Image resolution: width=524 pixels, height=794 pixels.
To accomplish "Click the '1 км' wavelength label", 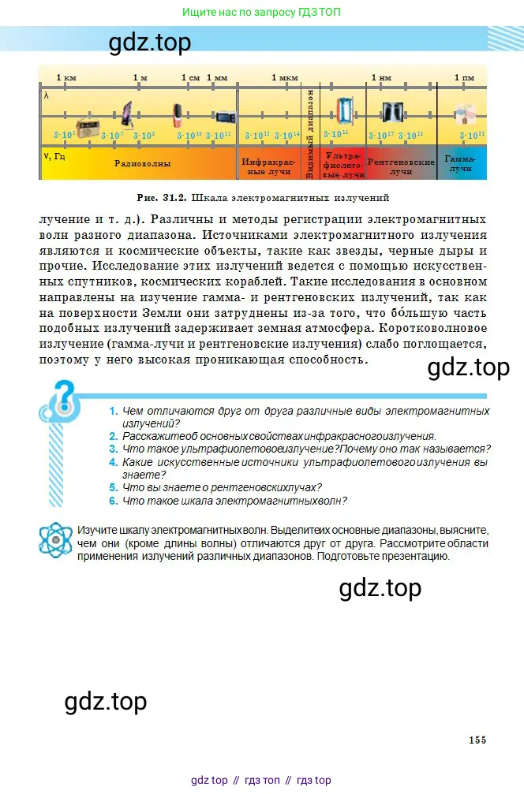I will (x=66, y=77).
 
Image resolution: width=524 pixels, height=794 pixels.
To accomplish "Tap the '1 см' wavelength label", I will (x=189, y=77).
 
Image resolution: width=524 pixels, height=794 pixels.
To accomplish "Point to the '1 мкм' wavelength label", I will (x=284, y=77).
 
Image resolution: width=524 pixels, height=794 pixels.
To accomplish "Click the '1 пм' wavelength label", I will (x=464, y=77).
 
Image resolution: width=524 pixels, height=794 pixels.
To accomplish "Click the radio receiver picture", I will (x=86, y=124).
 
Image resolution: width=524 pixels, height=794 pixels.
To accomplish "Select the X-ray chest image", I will (x=392, y=112).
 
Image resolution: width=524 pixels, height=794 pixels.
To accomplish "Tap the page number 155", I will (x=477, y=740).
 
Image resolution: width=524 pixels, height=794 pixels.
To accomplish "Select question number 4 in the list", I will (x=114, y=462).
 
